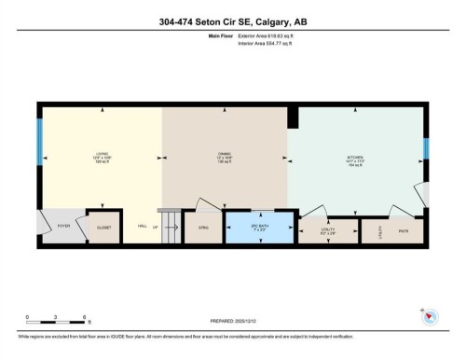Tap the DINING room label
point(225,158)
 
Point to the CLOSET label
point(103,226)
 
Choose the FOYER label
point(64,226)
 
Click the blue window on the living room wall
point(39,141)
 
